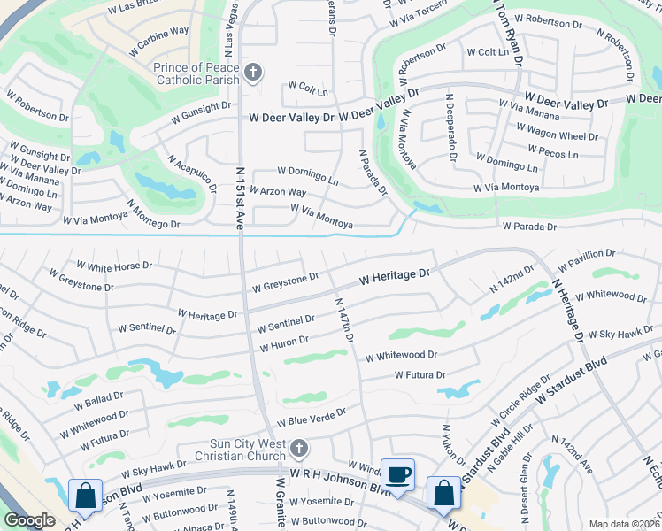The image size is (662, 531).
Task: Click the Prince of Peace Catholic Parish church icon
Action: coord(253,72)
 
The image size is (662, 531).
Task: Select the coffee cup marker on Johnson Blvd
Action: coord(397,474)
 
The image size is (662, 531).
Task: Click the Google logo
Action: coord(29,521)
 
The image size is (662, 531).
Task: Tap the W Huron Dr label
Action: coord(283,342)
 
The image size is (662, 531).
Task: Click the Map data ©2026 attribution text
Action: coord(624,524)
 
